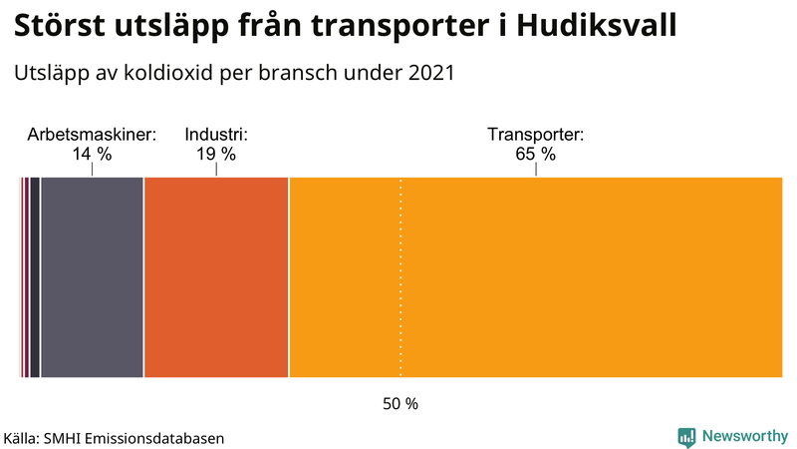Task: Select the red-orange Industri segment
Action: pos(216,277)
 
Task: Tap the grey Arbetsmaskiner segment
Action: pos(92,277)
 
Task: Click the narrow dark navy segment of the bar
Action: pos(35,277)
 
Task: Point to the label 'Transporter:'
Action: pos(535,135)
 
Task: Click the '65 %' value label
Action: pos(535,155)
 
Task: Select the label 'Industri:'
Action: pos(216,135)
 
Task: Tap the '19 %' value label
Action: pos(216,155)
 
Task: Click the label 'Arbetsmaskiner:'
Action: pos(92,135)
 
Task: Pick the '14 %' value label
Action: pos(92,155)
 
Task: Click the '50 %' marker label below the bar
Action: pos(400,404)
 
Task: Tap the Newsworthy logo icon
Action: pos(686,436)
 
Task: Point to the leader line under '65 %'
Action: pos(536,170)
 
